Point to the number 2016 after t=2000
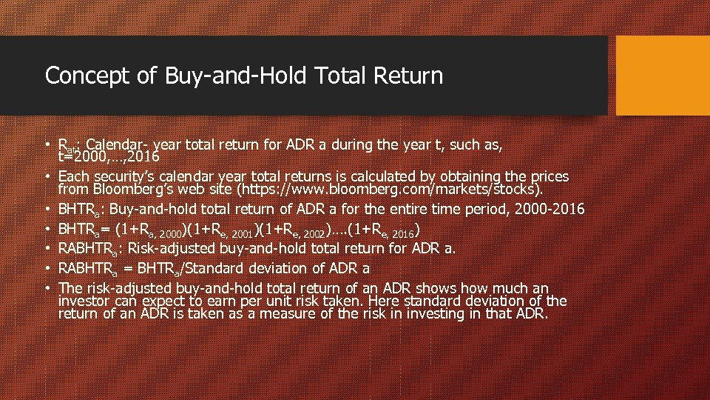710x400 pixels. click(x=141, y=157)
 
